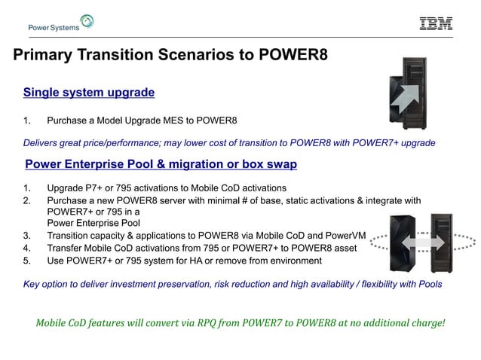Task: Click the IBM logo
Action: pyautogui.click(x=436, y=23)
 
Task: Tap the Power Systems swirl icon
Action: pyautogui.click(x=87, y=22)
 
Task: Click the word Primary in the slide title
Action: pyautogui.click(x=43, y=56)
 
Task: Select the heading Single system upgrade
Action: pyautogui.click(x=89, y=93)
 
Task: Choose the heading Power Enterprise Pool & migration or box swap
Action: pyautogui.click(x=161, y=163)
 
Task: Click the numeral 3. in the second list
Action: pyautogui.click(x=28, y=235)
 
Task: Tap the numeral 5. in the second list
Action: pyautogui.click(x=28, y=261)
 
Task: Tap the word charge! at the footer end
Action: pyautogui.click(x=426, y=323)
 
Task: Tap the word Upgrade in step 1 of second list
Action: pyautogui.click(x=66, y=188)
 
